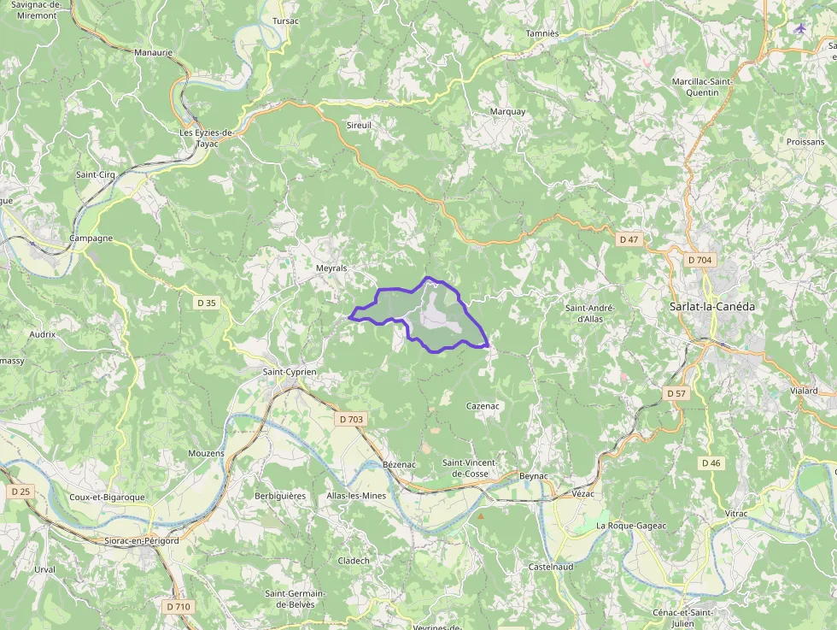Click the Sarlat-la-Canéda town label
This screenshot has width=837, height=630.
[711, 306]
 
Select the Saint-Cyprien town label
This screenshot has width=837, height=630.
[290, 372]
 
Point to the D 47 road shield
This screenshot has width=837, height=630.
[629, 239]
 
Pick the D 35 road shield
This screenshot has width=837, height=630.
[207, 302]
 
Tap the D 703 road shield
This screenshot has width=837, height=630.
[351, 419]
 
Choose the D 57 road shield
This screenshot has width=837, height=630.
[676, 392]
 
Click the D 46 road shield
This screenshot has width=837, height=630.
[711, 462]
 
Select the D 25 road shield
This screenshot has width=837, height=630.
[20, 492]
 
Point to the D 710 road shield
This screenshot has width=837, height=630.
[179, 606]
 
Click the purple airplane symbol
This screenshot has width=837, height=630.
[800, 28]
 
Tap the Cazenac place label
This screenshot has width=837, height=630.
[483, 406]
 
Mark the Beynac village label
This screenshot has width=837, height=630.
[533, 475]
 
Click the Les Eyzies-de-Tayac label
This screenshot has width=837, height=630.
[207, 138]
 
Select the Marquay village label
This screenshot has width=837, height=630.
[508, 112]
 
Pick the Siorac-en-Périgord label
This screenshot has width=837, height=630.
[141, 540]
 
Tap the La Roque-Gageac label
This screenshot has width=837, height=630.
[631, 525]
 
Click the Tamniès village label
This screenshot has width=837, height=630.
[542, 33]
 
